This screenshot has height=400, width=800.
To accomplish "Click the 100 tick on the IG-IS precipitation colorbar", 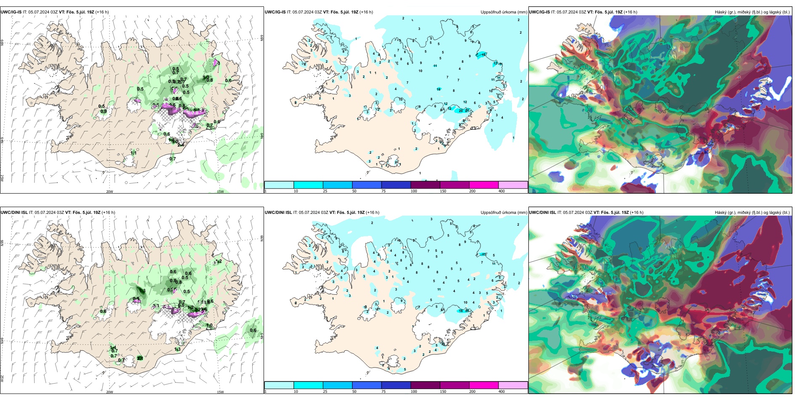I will (x=414, y=191).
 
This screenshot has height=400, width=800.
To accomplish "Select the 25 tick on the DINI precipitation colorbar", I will (x=325, y=392).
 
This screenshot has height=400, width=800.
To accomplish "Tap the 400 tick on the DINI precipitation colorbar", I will (x=501, y=392).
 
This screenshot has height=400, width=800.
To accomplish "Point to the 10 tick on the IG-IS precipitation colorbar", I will (x=296, y=191).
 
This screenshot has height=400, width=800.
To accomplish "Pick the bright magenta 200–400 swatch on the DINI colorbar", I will (x=484, y=385).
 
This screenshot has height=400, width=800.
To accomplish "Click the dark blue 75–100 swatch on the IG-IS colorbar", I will (x=396, y=185).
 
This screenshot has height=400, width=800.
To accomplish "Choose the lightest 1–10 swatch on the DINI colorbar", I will (x=279, y=385).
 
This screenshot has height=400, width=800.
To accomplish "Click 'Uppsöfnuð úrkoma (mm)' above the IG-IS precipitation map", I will (x=504, y=12).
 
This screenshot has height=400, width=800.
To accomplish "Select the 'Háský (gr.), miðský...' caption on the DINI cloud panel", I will (x=752, y=213).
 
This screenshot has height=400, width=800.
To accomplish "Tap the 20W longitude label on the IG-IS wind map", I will (x=109, y=192).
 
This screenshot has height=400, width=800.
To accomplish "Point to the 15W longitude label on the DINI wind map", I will (x=220, y=392).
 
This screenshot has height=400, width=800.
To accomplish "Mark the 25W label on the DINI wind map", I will (x=2, y=379).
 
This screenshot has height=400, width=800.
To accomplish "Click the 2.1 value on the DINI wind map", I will (x=140, y=358).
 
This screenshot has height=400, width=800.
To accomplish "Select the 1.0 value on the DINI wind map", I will (x=209, y=325).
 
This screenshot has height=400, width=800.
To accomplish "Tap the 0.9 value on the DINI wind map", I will (x=136, y=299).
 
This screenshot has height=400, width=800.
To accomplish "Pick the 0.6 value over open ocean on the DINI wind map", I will (x=253, y=330).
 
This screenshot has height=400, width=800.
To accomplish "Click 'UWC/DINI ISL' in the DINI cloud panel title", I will (x=542, y=213).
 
